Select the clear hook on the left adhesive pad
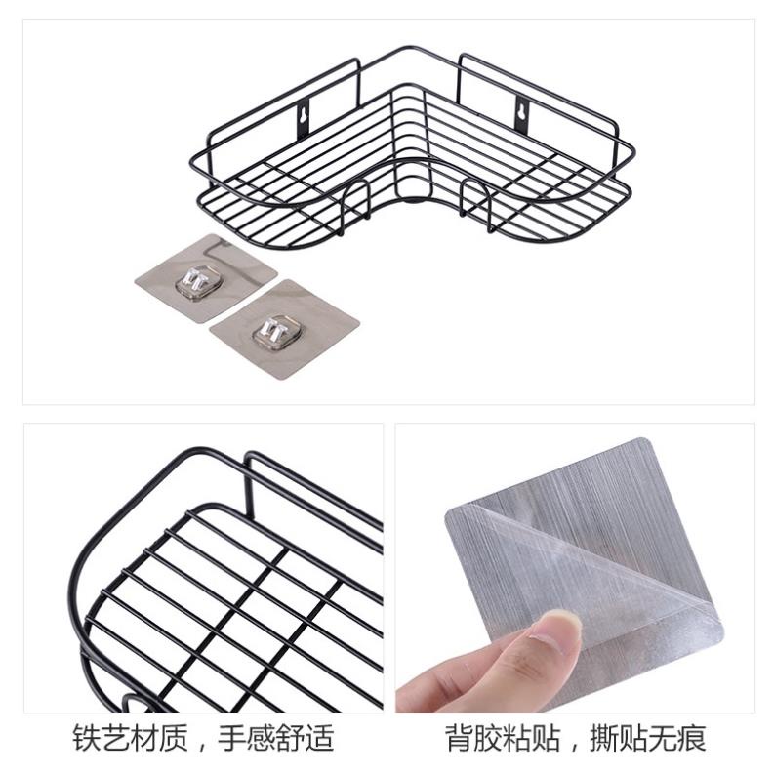coord(195,281)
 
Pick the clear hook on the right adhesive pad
coord(272,332)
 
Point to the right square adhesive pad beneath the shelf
coord(283,329)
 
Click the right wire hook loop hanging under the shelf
coord(477,206)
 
